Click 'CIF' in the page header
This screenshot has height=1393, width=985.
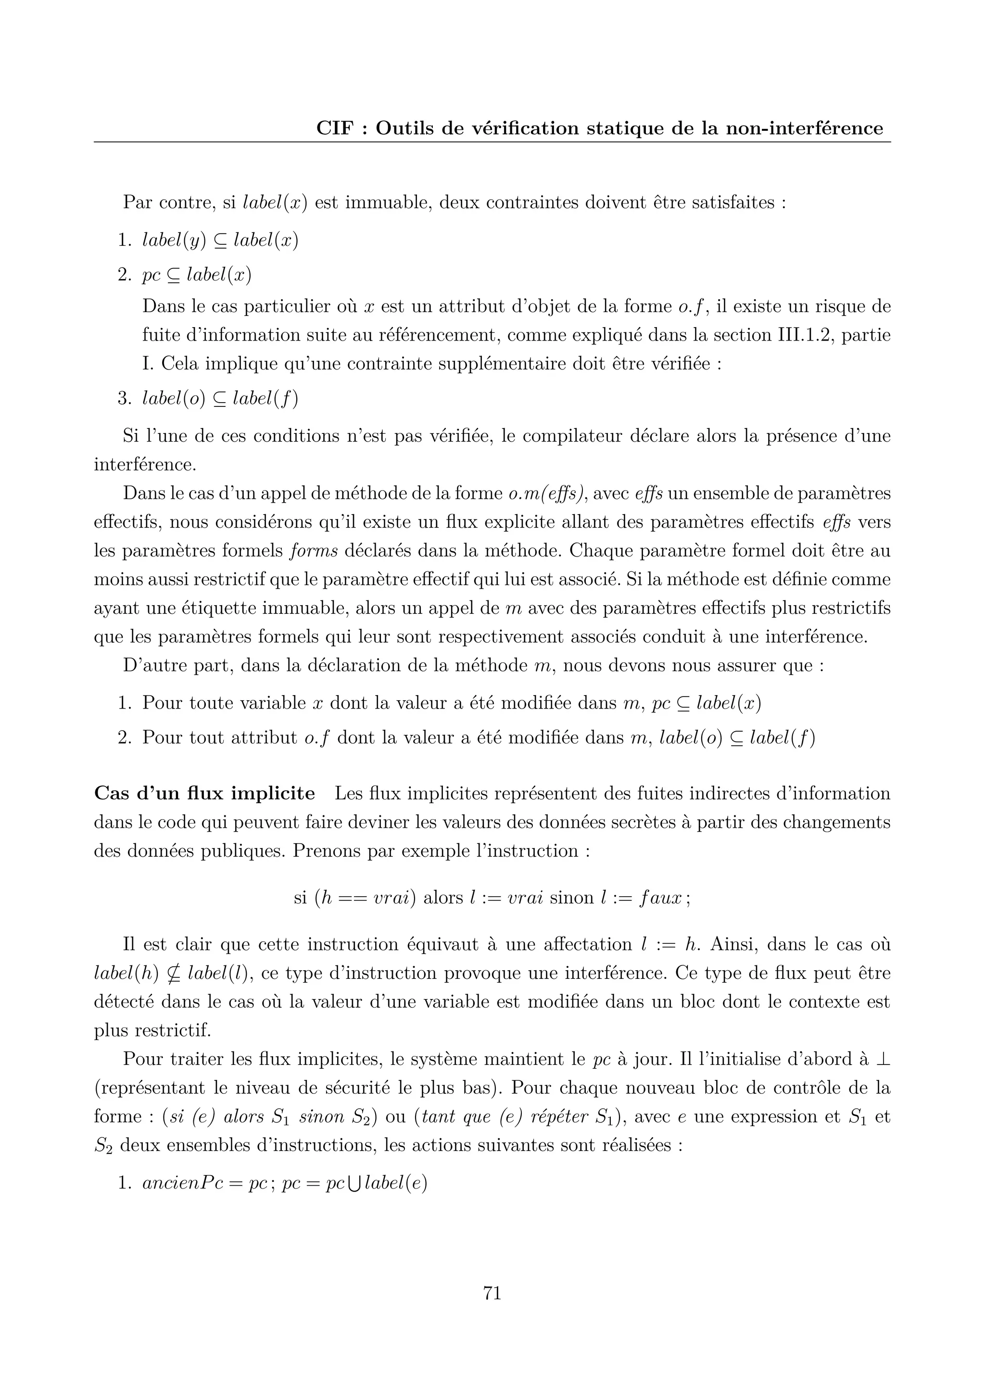334,128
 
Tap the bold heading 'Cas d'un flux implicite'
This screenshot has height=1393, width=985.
204,794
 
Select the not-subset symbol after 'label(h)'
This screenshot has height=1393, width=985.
173,973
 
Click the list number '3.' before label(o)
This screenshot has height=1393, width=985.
125,399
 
